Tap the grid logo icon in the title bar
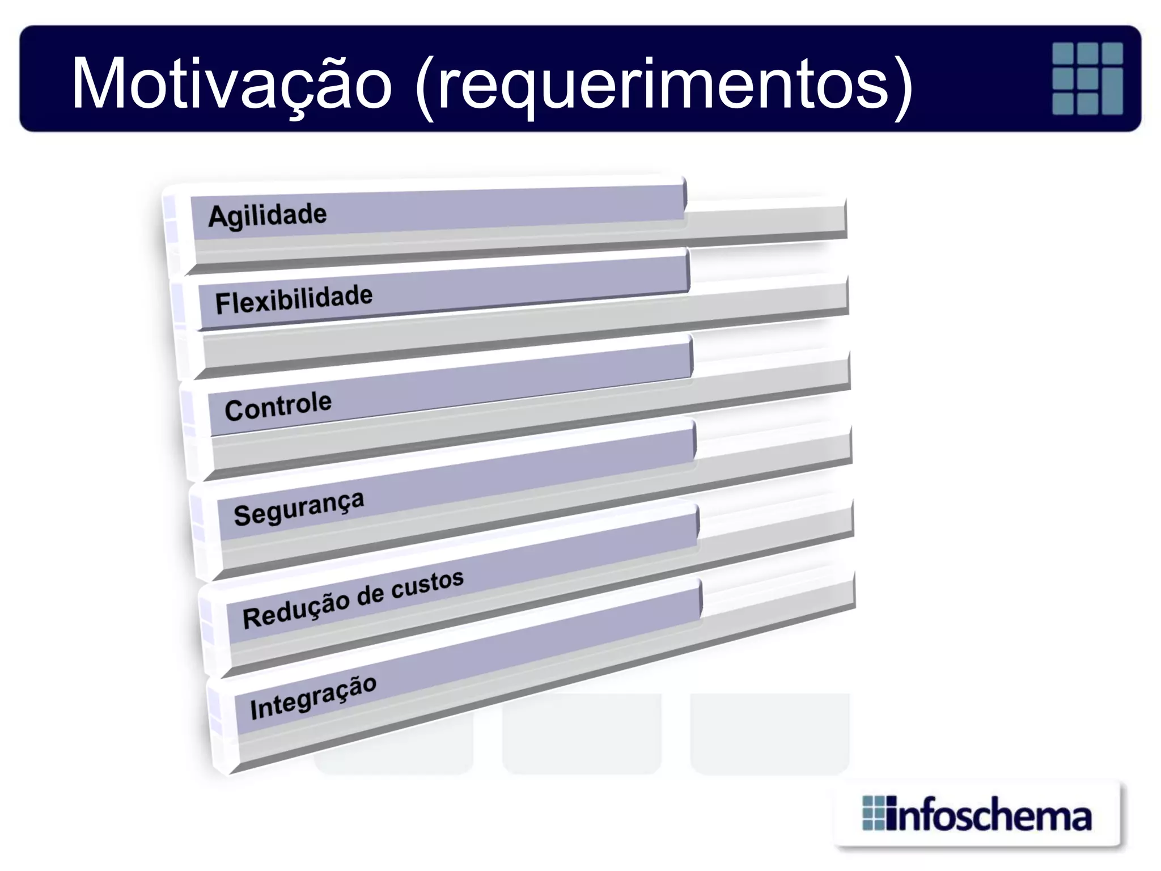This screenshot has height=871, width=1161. click(x=1087, y=78)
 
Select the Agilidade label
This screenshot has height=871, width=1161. click(x=268, y=215)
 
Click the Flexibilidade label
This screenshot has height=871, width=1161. click(x=294, y=299)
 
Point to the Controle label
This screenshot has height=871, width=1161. click(x=278, y=406)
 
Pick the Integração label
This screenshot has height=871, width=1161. click(x=313, y=697)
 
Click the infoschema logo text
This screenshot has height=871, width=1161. click(x=989, y=817)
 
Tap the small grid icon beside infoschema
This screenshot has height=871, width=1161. click(x=873, y=813)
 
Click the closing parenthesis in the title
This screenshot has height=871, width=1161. click(x=903, y=88)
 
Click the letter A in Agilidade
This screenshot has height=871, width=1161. click(x=217, y=217)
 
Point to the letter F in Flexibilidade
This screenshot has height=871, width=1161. click(x=222, y=303)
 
